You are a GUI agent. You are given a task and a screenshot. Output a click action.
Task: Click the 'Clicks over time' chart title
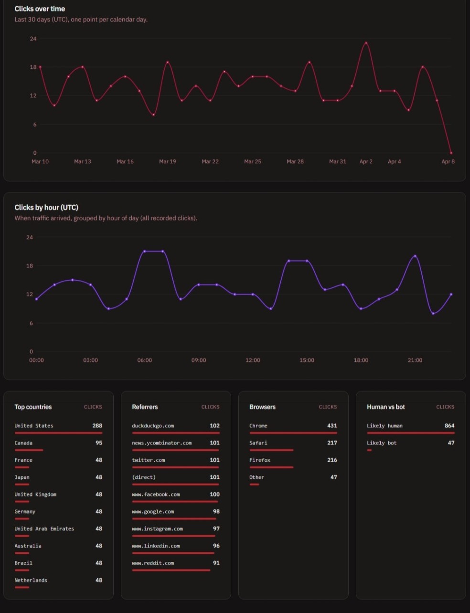pos(40,9)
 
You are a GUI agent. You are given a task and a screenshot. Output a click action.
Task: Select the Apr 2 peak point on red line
pos(366,43)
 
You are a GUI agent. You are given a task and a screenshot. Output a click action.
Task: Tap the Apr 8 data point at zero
pos(451,153)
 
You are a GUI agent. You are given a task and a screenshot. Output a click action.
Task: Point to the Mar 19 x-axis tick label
pos(167,161)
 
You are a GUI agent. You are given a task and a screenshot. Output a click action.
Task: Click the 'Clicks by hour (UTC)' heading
pos(46,207)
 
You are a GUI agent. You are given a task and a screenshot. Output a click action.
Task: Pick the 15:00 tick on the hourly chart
pos(307,360)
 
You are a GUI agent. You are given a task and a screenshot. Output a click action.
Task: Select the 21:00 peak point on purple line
pos(415,256)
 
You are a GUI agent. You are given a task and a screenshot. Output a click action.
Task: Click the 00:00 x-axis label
pos(36,360)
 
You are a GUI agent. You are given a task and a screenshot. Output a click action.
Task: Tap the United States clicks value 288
pos(97,425)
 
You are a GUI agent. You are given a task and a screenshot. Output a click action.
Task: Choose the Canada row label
pos(23,443)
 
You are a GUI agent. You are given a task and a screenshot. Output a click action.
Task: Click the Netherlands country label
pos(31,580)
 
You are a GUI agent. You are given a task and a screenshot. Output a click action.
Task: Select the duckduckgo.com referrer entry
pos(153,425)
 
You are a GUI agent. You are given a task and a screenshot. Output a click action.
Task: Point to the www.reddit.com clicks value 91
pos(216,563)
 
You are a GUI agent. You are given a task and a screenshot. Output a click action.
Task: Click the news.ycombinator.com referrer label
pos(161,443)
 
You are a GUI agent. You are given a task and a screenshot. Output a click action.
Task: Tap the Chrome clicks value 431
pos(332,425)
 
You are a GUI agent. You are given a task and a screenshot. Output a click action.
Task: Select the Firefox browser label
pos(259,460)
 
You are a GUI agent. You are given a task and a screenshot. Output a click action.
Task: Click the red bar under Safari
pos(271,450)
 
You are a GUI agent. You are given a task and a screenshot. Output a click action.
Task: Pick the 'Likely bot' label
pos(381,443)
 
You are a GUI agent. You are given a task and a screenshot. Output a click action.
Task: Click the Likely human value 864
pos(449,425)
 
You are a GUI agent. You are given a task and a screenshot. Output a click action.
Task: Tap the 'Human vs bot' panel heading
pos(385,407)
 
